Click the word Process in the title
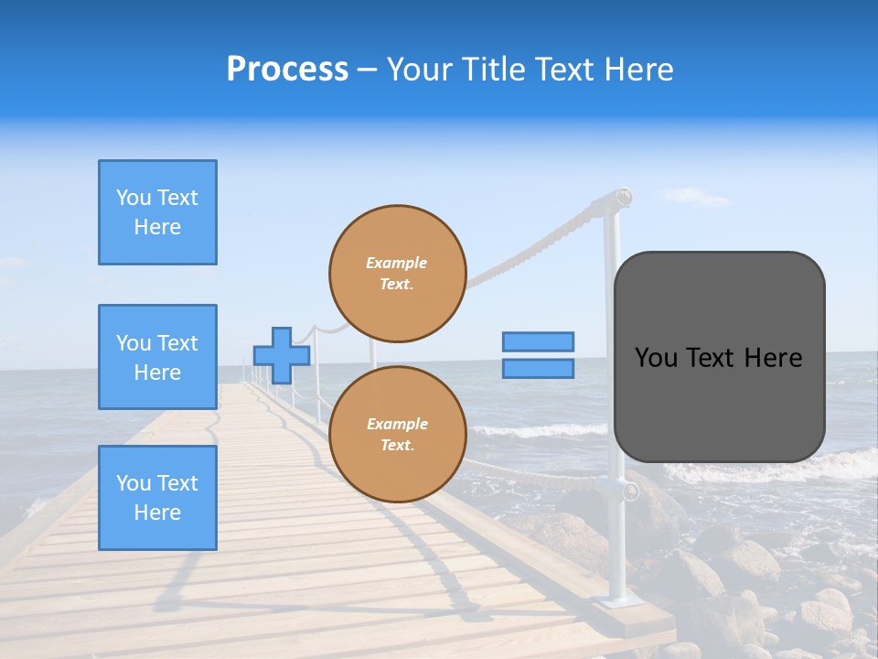[x=287, y=70]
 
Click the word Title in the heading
[x=492, y=70]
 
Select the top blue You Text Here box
[x=157, y=212]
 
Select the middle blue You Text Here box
[x=157, y=357]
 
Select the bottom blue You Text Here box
[x=157, y=498]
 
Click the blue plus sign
[x=282, y=355]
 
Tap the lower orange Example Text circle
[x=397, y=434]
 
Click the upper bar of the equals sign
[x=538, y=342]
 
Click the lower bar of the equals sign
[x=538, y=368]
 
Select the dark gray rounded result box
[x=719, y=357]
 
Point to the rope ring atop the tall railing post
[x=623, y=196]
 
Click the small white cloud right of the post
[x=697, y=197]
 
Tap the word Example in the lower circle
[x=397, y=424]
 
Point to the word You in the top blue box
[x=133, y=198]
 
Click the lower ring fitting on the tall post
[x=629, y=492]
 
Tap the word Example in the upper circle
[x=397, y=263]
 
